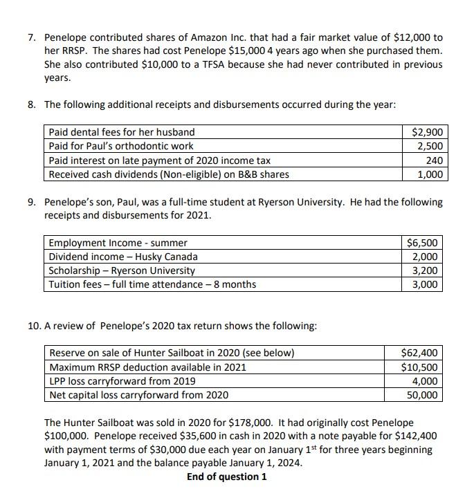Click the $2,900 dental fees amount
point(428,131)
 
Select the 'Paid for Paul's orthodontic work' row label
point(121,146)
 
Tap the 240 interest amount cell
point(435,160)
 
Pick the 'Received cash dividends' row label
point(168,174)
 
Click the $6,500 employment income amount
point(423,243)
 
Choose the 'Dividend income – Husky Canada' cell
point(123,257)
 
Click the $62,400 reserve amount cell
point(420,353)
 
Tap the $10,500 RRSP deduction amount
point(420,367)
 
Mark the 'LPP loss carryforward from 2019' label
point(122,381)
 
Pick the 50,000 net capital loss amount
point(423,395)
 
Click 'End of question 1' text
point(226,477)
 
